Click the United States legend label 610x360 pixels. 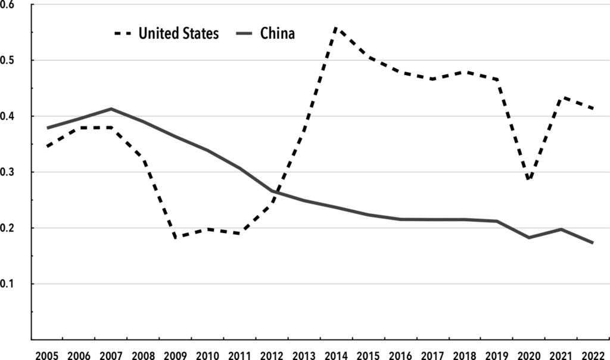tap(179, 33)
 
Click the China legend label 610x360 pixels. tap(278, 33)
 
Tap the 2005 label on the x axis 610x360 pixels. tap(46, 356)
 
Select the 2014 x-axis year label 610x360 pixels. tap(336, 356)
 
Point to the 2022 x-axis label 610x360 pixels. tap(593, 356)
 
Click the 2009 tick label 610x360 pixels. tap(176, 356)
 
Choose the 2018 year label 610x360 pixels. tap(465, 356)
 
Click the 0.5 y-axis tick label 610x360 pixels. tap(7, 60)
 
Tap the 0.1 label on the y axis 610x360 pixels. tap(7, 284)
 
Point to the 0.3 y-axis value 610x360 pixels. tap(7, 172)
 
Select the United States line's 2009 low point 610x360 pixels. tap(176, 237)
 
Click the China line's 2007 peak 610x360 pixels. tap(111, 108)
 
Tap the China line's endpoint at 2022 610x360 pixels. tap(593, 243)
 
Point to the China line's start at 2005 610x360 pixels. tap(47, 128)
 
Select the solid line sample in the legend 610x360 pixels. tap(244, 34)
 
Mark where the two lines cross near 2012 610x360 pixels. tap(274, 193)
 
